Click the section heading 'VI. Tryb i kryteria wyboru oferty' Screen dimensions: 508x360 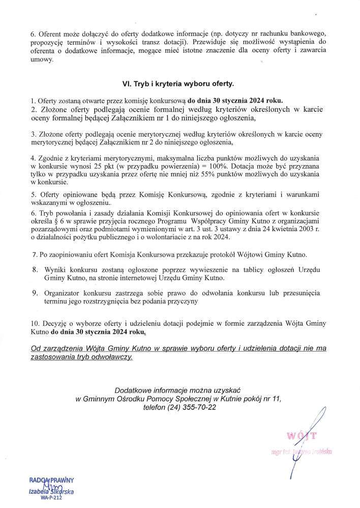pyautogui.click(x=179, y=81)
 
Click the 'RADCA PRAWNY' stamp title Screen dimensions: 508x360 pyautogui.click(x=51, y=480)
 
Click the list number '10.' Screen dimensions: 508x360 pyautogui.click(x=35, y=323)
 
